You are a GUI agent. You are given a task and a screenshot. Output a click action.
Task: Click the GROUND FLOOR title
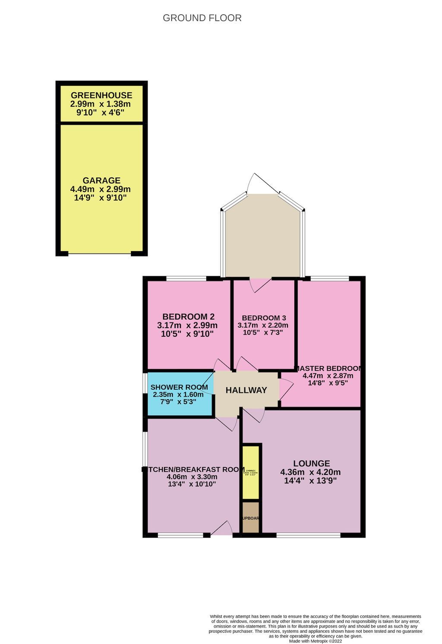click(202, 18)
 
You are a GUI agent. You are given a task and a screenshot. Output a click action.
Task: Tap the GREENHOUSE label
click(101, 95)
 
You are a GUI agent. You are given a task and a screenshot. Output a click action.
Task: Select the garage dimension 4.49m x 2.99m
click(101, 189)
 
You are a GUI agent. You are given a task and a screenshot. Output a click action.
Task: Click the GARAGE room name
click(101, 180)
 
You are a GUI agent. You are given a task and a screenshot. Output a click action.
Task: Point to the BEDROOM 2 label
click(188, 316)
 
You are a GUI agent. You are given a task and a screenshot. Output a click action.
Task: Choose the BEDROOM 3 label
click(264, 318)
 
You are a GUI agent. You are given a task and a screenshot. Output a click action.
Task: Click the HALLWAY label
click(246, 390)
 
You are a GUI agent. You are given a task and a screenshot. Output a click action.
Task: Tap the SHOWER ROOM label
click(179, 387)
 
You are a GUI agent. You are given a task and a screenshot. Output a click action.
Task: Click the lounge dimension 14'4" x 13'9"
click(310, 480)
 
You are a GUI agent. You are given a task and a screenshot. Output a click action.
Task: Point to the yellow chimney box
click(251, 472)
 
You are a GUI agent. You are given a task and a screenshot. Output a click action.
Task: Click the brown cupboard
click(251, 518)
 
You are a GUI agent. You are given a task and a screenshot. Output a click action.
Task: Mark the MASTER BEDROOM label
click(328, 369)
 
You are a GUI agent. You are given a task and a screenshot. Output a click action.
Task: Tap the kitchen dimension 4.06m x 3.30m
click(192, 477)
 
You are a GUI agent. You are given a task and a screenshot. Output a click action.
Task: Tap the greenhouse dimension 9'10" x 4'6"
click(101, 113)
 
